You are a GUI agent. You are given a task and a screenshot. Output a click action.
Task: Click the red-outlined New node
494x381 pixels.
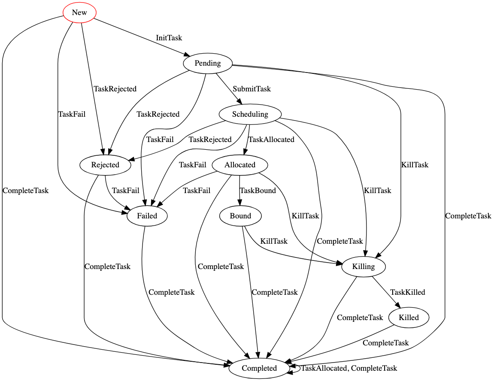click(79, 12)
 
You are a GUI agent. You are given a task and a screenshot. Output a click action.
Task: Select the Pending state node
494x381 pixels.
click(208, 63)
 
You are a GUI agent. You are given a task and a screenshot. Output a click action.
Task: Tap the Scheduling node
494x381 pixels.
click(250, 114)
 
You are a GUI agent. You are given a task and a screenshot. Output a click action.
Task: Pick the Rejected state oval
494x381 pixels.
click(105, 165)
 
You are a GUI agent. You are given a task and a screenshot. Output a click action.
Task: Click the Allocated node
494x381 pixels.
click(240, 165)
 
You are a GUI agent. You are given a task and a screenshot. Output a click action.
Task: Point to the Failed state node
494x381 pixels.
click(147, 216)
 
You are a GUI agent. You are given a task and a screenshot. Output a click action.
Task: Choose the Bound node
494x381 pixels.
click(240, 216)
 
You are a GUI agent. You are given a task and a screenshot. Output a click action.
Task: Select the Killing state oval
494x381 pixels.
click(364, 266)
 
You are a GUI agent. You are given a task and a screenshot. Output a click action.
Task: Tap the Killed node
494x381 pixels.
click(409, 317)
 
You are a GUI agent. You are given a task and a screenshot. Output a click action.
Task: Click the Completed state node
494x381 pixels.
click(259, 368)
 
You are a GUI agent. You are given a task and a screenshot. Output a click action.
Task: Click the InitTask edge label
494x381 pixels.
click(169, 38)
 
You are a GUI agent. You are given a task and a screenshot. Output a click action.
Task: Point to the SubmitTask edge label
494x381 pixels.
click(252, 89)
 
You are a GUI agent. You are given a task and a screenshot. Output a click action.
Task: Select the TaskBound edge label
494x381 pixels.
click(258, 190)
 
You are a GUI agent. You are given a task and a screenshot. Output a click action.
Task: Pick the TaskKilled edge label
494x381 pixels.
click(407, 292)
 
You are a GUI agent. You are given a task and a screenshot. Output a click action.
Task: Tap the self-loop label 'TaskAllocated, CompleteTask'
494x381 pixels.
click(349, 368)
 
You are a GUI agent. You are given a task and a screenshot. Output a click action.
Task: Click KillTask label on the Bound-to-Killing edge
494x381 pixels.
click(274, 241)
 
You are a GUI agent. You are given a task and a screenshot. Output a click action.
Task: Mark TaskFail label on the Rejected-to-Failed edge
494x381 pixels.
click(125, 190)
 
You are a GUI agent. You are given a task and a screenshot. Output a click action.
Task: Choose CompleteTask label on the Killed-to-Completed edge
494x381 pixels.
click(385, 343)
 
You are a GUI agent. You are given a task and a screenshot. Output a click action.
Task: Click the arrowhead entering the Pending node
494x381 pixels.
click(187, 55)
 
